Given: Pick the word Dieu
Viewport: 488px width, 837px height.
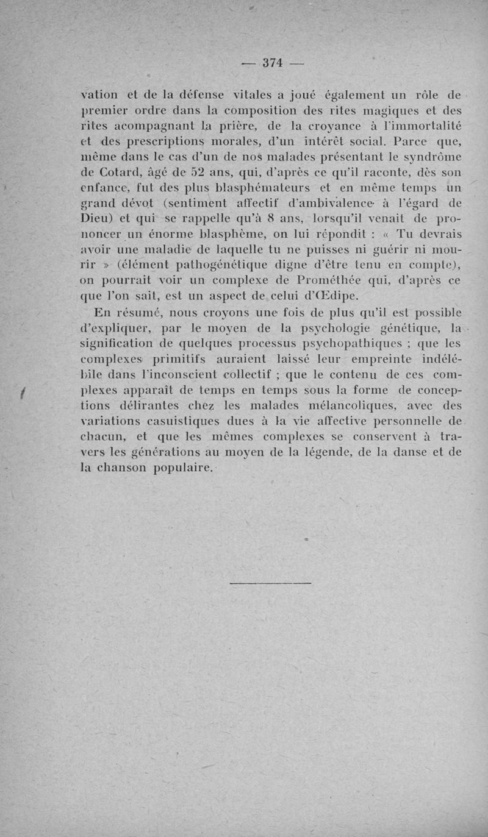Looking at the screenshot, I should pos(97,219).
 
